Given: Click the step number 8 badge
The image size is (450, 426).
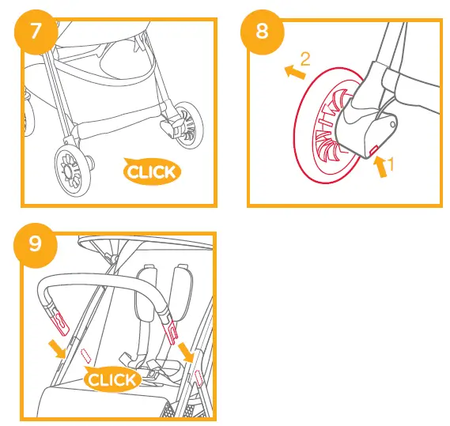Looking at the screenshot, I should click(x=261, y=34).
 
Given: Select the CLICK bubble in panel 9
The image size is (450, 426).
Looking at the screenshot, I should click(x=113, y=380).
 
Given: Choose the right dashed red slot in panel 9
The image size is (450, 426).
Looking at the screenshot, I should click(x=198, y=378).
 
